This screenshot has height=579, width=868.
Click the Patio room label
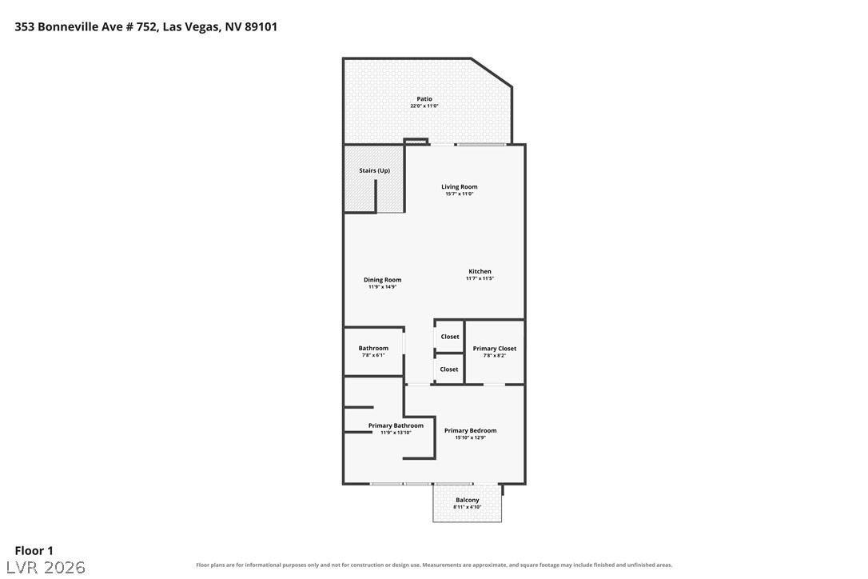[424, 99]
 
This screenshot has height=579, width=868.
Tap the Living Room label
[460, 186]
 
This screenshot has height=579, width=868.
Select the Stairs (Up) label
[375, 170]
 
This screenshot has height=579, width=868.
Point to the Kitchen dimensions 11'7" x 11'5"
[480, 278]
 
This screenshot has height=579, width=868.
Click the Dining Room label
[383, 280]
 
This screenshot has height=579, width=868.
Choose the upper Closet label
[450, 337]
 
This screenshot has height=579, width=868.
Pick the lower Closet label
[449, 369]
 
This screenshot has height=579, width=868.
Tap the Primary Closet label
[494, 349]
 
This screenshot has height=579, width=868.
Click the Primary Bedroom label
[471, 430]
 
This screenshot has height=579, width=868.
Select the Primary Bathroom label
[396, 425]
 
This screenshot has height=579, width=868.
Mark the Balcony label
[468, 500]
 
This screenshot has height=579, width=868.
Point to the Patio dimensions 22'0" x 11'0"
[424, 106]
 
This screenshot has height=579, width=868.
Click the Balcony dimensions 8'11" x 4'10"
[468, 507]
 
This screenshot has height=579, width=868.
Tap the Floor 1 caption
[34, 551]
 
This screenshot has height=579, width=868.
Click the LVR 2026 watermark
[46, 567]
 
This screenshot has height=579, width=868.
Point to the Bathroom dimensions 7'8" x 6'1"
[374, 355]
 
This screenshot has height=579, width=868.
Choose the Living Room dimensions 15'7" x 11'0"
[460, 194]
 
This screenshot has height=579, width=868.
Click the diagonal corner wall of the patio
[492, 73]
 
